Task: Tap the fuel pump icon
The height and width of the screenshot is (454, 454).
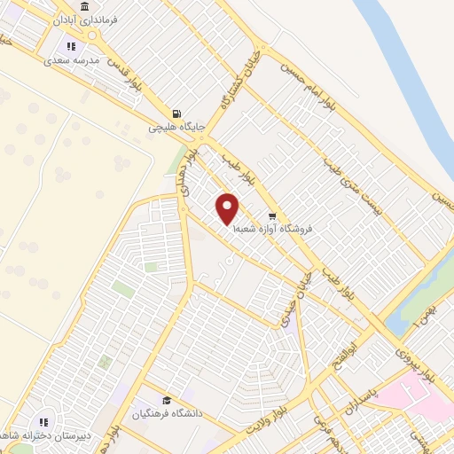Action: pyautogui.click(x=176, y=113)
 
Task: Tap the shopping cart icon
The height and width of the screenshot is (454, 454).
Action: pyautogui.click(x=272, y=215)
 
